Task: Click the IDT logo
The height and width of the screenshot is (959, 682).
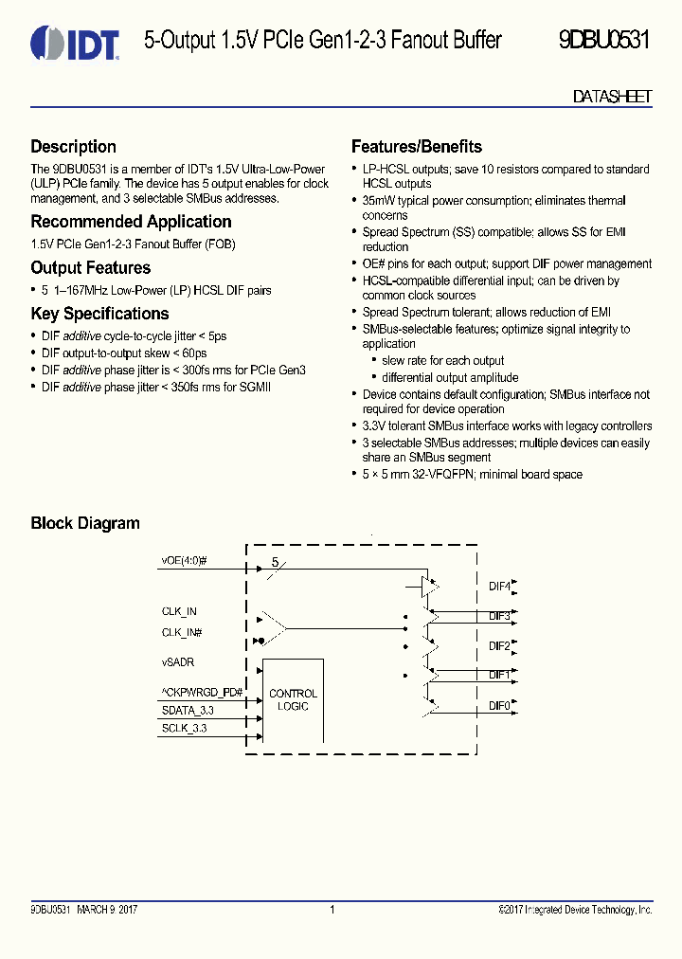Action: [75, 43]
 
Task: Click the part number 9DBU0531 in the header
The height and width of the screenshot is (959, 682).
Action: [605, 41]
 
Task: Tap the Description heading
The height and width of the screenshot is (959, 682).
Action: [73, 147]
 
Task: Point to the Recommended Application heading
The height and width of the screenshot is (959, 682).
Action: [131, 222]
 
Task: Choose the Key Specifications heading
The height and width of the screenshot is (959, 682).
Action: [99, 314]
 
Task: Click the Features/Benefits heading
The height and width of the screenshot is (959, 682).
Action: [417, 147]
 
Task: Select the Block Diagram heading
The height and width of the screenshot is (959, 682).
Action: [85, 523]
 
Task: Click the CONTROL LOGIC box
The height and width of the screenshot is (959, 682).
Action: [294, 700]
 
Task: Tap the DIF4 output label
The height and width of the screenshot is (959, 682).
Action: [499, 587]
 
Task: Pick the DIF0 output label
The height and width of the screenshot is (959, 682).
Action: [499, 705]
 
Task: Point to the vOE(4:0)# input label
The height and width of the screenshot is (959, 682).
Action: [184, 561]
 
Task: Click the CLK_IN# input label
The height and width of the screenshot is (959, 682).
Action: [181, 632]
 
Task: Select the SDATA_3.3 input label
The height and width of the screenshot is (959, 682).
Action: [188, 710]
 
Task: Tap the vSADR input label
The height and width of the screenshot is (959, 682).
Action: [178, 662]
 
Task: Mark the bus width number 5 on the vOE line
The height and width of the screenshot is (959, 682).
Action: [275, 562]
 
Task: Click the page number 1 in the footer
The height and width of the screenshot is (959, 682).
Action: [332, 910]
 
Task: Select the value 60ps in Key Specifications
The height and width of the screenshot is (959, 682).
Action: [195, 353]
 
